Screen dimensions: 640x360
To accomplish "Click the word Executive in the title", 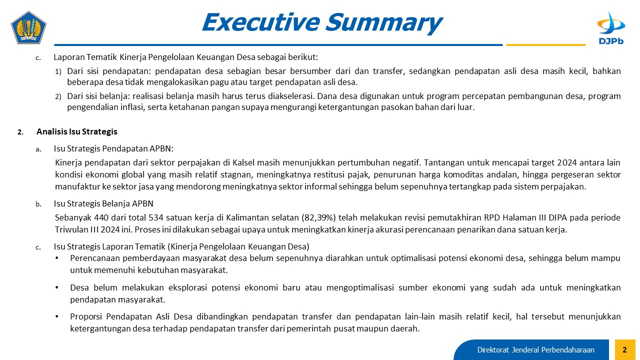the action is pos(261,22).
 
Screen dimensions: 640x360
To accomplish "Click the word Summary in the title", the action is pos(384,23).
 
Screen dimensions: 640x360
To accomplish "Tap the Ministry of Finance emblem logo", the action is pos(28,27).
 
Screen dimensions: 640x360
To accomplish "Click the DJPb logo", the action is pos(611,28).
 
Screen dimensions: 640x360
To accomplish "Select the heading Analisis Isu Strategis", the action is pos(77,131).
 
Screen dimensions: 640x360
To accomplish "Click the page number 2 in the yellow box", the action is pos(624,349).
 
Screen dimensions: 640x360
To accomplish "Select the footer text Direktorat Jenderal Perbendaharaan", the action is pos(535,350).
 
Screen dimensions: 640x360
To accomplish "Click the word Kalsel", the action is pos(243,162).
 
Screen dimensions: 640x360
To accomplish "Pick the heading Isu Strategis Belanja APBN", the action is pos(103,203).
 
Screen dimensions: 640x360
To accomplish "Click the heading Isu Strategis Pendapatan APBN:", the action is pos(113,148).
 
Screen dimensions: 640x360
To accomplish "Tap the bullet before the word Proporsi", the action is pos(57,316).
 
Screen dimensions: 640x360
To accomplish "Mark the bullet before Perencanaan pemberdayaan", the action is pos(57,258).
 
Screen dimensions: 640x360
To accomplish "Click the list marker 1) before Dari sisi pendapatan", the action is pos(58,71).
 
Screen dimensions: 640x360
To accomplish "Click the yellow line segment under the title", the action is pos(545,45).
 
